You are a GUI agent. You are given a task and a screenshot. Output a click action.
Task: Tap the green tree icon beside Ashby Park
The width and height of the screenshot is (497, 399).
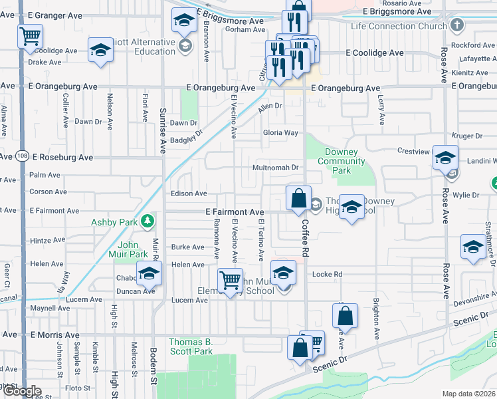point(151,221)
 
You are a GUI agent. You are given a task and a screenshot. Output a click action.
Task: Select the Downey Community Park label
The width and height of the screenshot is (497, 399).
point(342,162)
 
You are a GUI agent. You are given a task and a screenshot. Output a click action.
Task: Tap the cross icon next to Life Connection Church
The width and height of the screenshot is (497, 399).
point(456,25)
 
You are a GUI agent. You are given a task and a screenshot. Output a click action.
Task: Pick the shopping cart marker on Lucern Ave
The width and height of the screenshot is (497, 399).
point(230,280)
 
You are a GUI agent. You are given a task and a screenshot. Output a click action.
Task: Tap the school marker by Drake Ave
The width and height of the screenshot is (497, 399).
point(101,51)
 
